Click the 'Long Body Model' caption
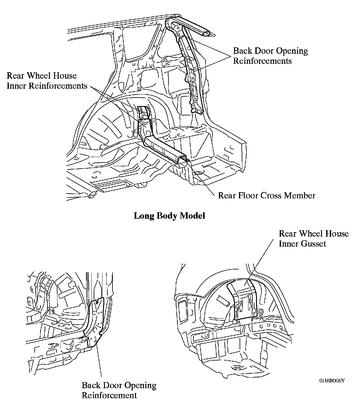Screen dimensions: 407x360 169,216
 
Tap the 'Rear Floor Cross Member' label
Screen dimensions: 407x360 267,195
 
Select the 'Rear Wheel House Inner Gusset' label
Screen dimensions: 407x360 313,238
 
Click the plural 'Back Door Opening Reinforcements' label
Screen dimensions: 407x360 270,56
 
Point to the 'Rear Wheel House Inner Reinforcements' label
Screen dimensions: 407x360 47,81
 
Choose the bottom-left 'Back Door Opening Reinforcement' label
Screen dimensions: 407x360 119,390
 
